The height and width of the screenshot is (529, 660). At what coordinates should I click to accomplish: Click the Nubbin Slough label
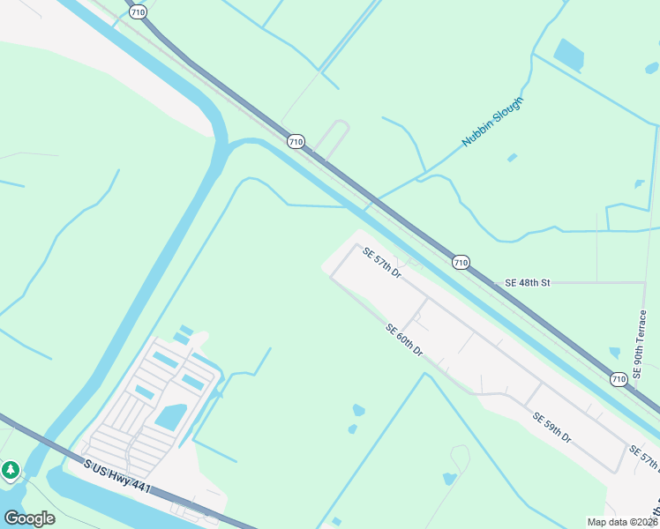click(x=493, y=122)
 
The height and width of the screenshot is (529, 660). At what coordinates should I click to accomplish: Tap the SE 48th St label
click(x=527, y=283)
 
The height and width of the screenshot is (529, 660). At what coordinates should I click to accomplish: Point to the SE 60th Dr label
click(x=404, y=340)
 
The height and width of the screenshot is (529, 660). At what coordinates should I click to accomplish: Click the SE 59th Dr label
click(x=551, y=427)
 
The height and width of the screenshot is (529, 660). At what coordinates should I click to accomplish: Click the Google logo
click(x=29, y=518)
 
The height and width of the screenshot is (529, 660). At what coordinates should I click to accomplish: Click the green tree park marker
click(x=11, y=470)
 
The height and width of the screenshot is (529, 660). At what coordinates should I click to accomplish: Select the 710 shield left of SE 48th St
click(x=461, y=262)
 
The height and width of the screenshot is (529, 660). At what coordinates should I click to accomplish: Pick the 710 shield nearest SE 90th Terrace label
click(x=619, y=379)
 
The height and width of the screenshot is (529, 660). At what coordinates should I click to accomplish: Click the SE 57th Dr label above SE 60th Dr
click(x=382, y=264)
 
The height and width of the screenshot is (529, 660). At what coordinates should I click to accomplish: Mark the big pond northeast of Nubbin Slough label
click(x=569, y=55)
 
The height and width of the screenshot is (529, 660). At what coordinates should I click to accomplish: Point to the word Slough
click(x=506, y=112)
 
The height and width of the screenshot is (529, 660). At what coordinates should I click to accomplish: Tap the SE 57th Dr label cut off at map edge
click(x=645, y=458)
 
